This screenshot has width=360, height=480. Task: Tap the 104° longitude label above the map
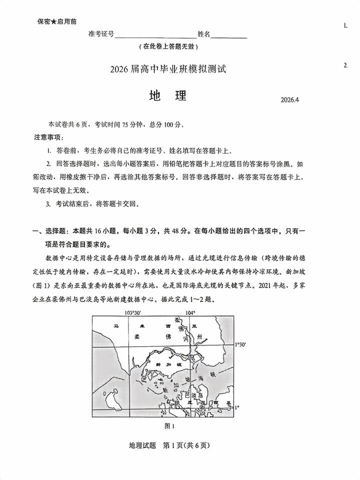pyautogui.click(x=190, y=312)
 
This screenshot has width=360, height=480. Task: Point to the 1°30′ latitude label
pyautogui.click(x=241, y=345)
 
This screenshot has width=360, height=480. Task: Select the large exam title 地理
pyautogui.click(x=167, y=96)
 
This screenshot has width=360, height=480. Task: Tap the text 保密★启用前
pyautogui.click(x=57, y=21)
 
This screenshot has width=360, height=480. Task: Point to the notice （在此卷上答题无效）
pyautogui.click(x=168, y=46)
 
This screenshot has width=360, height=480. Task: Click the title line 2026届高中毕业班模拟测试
pyautogui.click(x=168, y=69)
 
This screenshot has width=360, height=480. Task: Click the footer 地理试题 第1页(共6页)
pyautogui.click(x=168, y=445)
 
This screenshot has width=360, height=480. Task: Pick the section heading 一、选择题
pyautogui.click(x=52, y=231)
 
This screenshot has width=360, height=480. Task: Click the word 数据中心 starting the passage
pyautogui.click(x=58, y=258)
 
